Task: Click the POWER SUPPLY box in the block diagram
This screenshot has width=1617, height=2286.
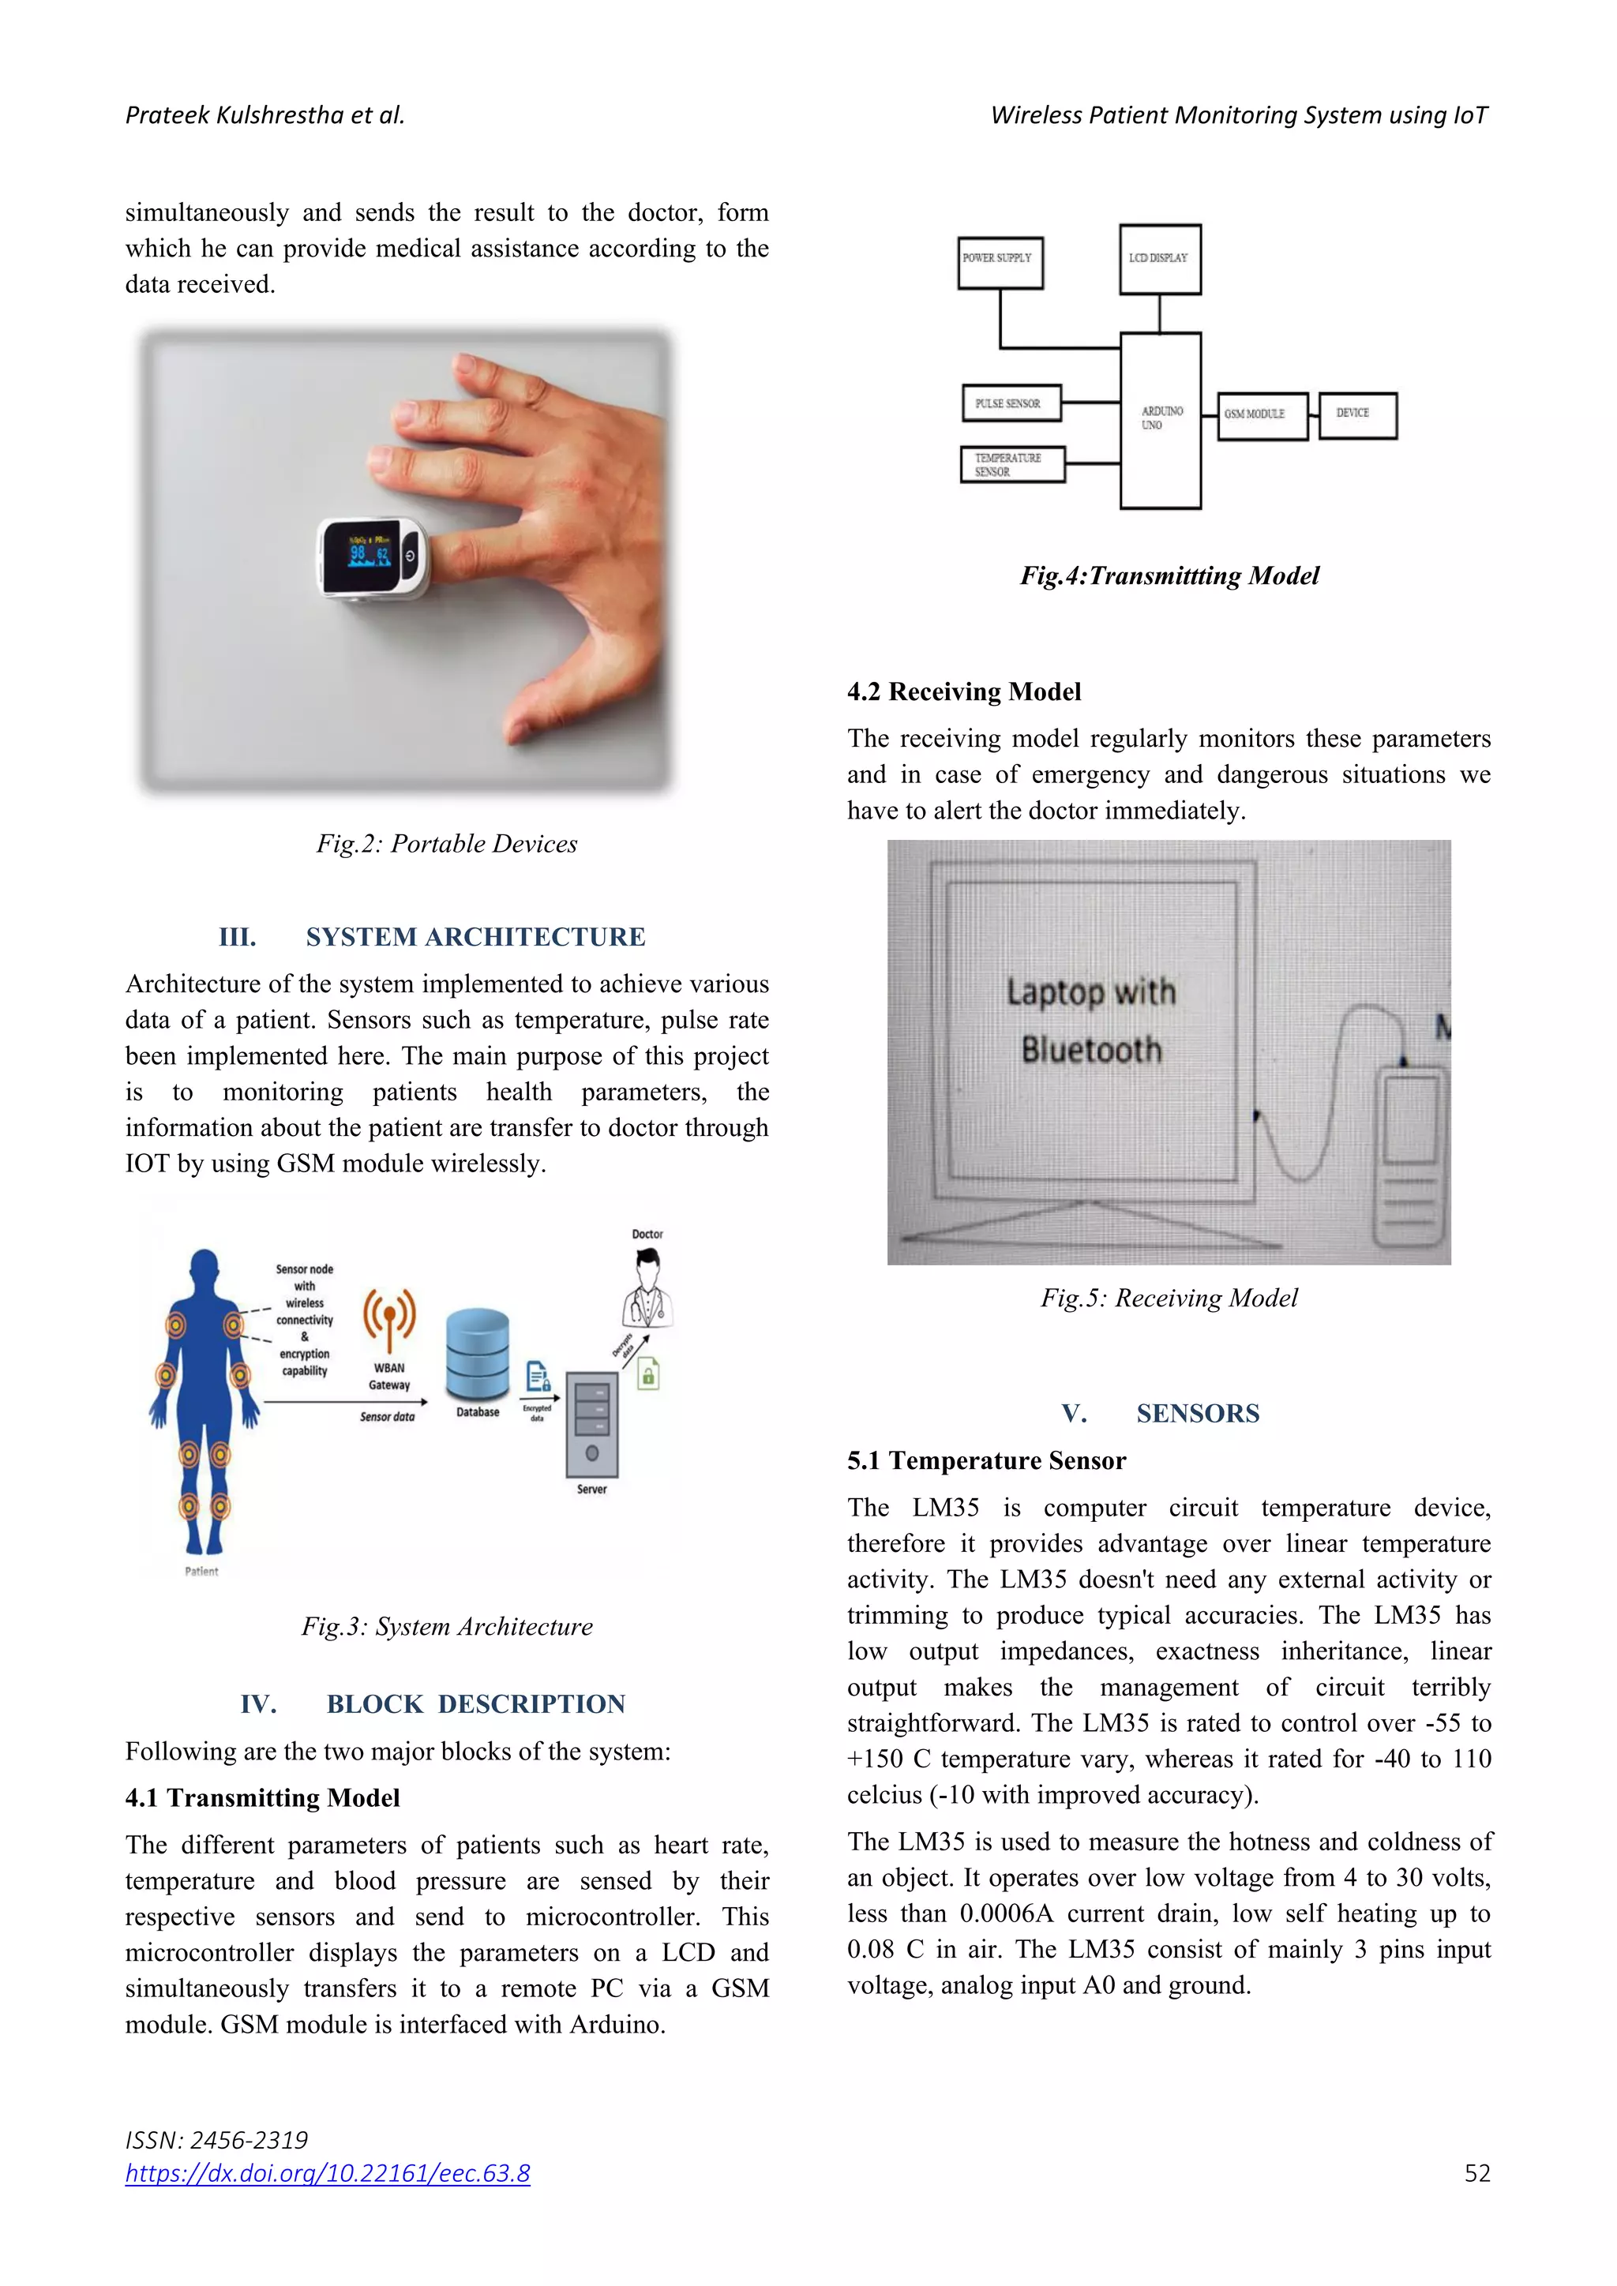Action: click(x=1000, y=263)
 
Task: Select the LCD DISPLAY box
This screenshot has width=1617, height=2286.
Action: click(x=1159, y=259)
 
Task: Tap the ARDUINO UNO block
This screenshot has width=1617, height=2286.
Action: click(x=1160, y=420)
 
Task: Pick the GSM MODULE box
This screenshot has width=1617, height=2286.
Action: click(x=1262, y=415)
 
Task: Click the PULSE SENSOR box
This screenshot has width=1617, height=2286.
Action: click(x=1011, y=403)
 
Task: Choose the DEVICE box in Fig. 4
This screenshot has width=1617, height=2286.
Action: click(x=1357, y=415)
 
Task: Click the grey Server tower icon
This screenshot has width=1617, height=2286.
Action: click(x=591, y=1424)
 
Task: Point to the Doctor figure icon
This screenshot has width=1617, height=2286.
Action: click(x=648, y=1288)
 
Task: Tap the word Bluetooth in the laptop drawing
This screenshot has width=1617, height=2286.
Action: click(x=1091, y=1049)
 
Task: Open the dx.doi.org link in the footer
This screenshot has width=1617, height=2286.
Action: click(x=328, y=2172)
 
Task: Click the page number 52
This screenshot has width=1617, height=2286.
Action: click(x=1476, y=2173)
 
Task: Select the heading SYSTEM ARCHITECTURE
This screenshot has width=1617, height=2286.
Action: click(x=475, y=937)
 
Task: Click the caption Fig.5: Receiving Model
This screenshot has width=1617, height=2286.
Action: click(x=1169, y=1298)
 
